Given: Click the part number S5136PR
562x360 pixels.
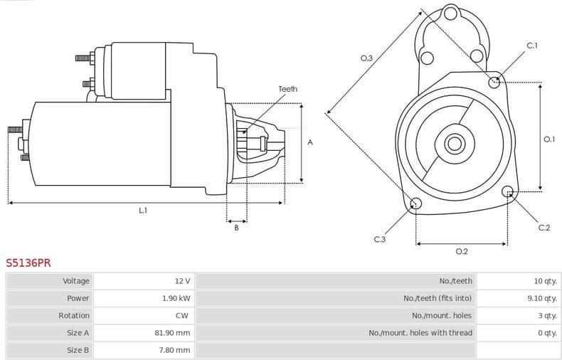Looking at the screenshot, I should point(28,263).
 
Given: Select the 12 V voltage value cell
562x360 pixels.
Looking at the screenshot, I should point(182,281).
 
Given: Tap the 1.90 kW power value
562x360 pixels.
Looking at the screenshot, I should point(176,298).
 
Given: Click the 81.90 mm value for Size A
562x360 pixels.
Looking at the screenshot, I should point(174,332).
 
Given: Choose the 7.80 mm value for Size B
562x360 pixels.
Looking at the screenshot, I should point(176,349).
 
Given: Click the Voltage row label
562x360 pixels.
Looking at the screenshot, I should point(76,281).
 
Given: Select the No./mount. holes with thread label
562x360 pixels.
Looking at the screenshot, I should point(420,332).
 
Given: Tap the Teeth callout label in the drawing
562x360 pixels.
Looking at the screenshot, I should point(287,89).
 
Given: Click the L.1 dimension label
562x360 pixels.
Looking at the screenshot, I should point(143,211).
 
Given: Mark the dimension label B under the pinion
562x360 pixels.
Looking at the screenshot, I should point(236,227).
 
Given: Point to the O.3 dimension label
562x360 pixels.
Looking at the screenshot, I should point(366,58).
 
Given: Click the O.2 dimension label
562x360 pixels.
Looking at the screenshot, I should point(461,251).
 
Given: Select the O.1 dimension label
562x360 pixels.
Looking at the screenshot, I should point(548,139).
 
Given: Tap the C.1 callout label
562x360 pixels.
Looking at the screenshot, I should point(531,46).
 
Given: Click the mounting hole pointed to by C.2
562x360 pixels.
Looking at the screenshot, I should point(508,191).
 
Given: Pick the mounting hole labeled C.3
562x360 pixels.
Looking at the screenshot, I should point(416,205).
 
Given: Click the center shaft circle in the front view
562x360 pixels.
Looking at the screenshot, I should point(455,144).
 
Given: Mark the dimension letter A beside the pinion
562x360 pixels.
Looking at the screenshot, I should point(309,142).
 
